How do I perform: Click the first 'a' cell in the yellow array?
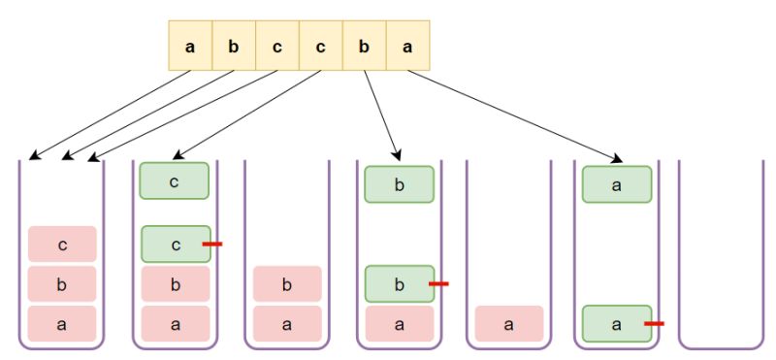(190, 46)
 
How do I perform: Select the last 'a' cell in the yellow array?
(407, 46)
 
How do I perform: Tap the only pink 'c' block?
(62, 245)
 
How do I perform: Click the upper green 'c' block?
(175, 181)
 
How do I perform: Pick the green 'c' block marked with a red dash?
(175, 244)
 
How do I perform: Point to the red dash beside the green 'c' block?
(212, 244)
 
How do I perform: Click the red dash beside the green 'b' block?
(438, 283)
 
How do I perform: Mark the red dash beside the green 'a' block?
(653, 323)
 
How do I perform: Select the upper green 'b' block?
(399, 184)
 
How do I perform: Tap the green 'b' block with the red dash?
(399, 283)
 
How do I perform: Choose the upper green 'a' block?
(616, 184)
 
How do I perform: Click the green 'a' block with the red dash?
(616, 323)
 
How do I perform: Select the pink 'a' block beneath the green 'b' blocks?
(399, 323)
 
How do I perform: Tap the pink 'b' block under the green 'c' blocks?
(175, 283)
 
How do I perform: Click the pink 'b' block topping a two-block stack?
(287, 284)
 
